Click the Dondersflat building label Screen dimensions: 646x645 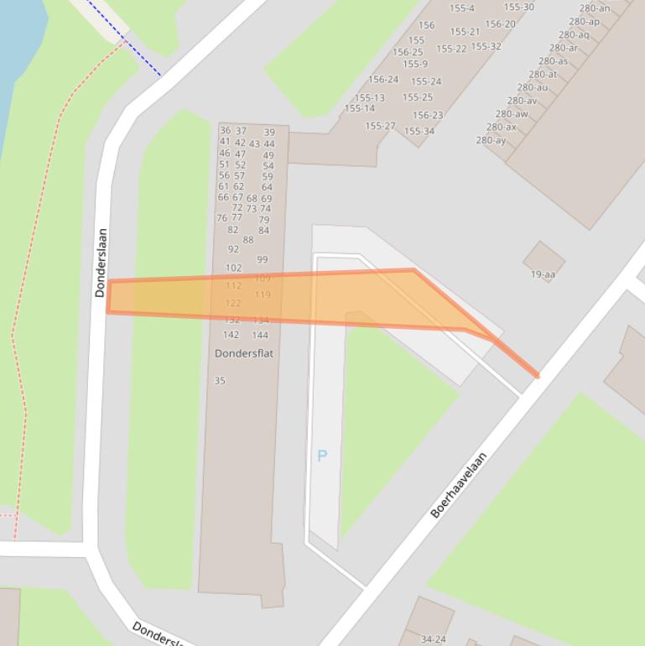tap(244, 353)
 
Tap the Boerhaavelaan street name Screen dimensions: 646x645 tap(459, 485)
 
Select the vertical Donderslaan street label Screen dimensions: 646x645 tap(101, 263)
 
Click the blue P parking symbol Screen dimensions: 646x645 tap(322, 456)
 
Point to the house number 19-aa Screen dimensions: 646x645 tap(543, 274)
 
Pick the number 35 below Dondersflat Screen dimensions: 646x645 tap(220, 380)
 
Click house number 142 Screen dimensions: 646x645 tap(231, 335)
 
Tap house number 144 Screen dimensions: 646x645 tap(260, 335)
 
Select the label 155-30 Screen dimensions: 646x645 tap(518, 7)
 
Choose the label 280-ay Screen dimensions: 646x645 tap(491, 140)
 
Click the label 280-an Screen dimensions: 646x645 tap(595, 8)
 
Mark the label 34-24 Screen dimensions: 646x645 tap(433, 639)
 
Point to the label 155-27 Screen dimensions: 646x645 tap(380, 126)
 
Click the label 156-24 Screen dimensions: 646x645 tap(383, 80)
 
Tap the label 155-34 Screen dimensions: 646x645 tap(419, 131)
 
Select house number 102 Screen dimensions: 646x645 tap(233, 268)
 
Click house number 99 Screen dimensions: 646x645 tap(263, 260)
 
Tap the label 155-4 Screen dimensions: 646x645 tap(461, 8)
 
